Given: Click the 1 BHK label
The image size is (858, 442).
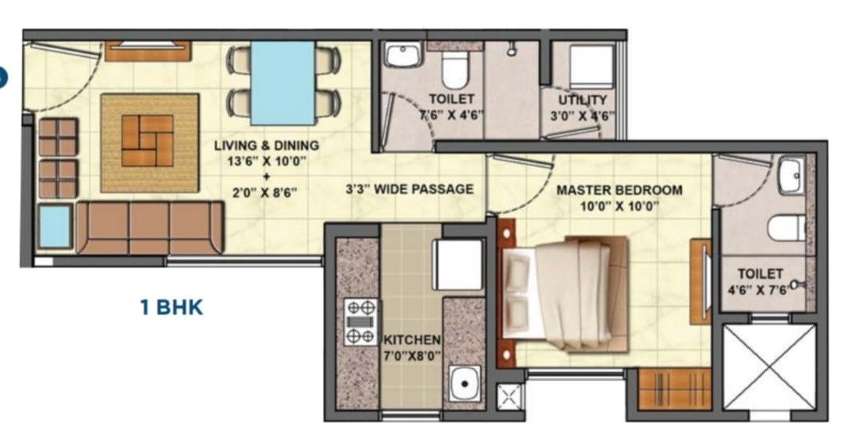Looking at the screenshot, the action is (x=171, y=307).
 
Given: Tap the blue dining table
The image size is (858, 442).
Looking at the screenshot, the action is (x=283, y=83).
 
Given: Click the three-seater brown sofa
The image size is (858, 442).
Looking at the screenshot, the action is (x=150, y=228).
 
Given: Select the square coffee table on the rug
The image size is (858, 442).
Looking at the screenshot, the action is (x=147, y=140).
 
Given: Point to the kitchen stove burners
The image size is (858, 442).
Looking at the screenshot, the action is (x=361, y=322).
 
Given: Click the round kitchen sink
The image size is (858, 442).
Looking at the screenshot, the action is (x=465, y=383).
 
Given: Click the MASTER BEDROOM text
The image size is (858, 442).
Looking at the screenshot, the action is (x=619, y=190).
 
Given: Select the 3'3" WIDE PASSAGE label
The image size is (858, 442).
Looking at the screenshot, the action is (x=409, y=189).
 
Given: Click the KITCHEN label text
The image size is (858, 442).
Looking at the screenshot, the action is (x=412, y=339).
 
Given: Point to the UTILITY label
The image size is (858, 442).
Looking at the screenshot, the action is (x=582, y=100).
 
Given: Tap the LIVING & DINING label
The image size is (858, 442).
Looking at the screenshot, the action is (x=266, y=146).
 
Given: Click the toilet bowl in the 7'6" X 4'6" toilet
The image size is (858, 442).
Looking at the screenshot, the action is (x=453, y=70).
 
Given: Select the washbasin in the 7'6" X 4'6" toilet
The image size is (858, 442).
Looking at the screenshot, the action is (x=403, y=55).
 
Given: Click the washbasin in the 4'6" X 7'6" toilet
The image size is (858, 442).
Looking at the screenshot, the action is (x=792, y=175).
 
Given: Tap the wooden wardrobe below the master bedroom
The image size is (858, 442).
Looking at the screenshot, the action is (x=675, y=389).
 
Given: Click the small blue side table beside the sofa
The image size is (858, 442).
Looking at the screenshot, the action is (x=54, y=226).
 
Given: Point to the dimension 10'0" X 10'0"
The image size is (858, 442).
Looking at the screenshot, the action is (x=619, y=206).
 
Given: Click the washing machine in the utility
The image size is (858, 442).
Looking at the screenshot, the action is (x=591, y=67).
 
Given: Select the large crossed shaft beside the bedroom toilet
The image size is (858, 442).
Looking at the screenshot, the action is (x=769, y=367).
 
